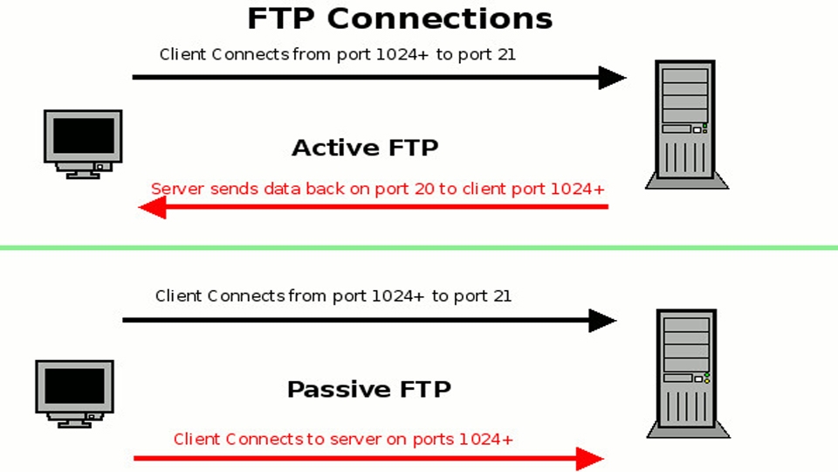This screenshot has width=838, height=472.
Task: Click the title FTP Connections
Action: [x=400, y=18]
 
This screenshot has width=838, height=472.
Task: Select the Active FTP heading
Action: [x=365, y=148]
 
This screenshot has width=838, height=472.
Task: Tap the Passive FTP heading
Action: [x=368, y=389]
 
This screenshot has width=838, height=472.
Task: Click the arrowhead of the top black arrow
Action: [x=613, y=78]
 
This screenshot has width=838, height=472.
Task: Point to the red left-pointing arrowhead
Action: [x=153, y=207]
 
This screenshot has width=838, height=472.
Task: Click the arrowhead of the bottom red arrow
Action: [x=591, y=458]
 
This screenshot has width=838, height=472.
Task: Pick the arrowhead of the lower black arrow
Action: [x=603, y=321]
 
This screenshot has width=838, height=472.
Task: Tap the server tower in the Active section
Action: [x=686, y=125]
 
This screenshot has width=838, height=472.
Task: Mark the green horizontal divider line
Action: [x=419, y=248]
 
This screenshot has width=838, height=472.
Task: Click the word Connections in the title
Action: [x=462, y=18]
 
